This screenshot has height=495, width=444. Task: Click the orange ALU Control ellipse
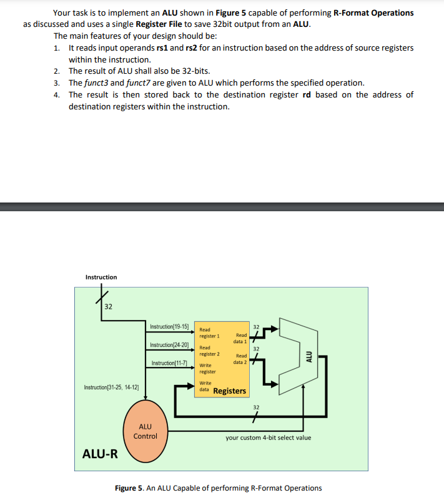click(x=146, y=431)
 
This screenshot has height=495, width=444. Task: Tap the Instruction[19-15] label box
click(x=169, y=326)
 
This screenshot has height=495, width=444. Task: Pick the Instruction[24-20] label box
click(x=169, y=345)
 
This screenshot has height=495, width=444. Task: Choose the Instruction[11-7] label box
click(x=170, y=363)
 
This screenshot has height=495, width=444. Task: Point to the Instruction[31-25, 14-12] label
click(x=111, y=388)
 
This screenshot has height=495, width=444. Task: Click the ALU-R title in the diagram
click(x=100, y=453)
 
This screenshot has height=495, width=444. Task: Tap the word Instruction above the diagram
click(x=101, y=277)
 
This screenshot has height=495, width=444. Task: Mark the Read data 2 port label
click(x=240, y=359)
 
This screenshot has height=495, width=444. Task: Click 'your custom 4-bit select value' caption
click(x=268, y=437)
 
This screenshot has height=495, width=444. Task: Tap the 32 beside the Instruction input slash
click(x=109, y=306)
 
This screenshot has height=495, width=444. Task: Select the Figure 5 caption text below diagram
click(x=219, y=488)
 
